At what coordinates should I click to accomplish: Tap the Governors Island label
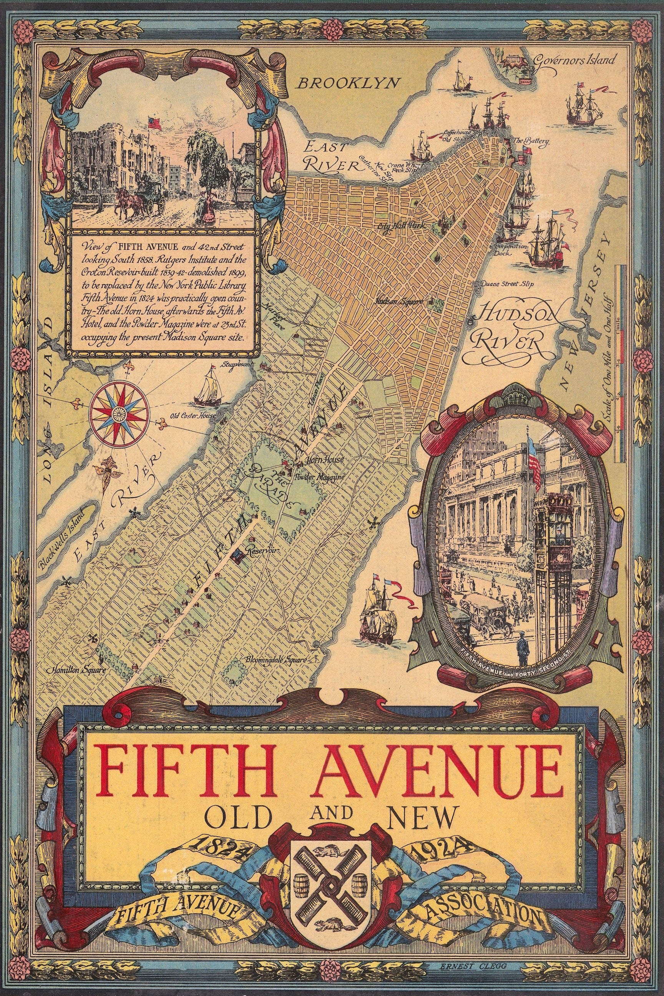pyautogui.click(x=573, y=60)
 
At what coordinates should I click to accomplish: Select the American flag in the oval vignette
pyautogui.click(x=534, y=460)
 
